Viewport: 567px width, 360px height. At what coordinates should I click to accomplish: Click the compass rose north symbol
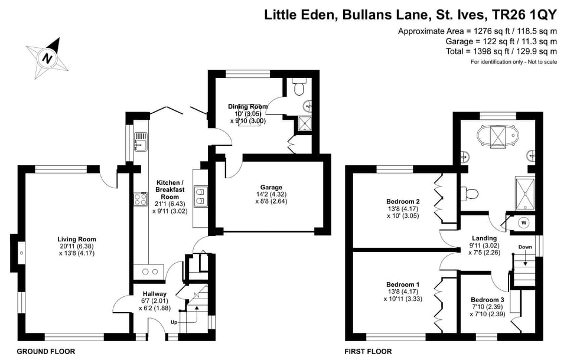coord(46,58)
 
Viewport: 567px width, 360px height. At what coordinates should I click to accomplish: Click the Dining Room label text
coord(248,107)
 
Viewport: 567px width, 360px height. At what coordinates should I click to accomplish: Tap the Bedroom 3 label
coord(487,299)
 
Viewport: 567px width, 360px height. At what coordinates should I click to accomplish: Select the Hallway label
coord(154,293)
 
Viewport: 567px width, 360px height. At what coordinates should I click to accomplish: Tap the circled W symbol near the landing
coord(523,222)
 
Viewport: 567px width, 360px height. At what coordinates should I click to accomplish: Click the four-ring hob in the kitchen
coord(141,199)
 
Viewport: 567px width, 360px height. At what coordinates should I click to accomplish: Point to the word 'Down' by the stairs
coord(525,247)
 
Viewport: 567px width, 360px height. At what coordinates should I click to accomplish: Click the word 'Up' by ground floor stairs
coord(174,322)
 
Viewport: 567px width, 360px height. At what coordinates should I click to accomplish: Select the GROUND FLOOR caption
coord(46,351)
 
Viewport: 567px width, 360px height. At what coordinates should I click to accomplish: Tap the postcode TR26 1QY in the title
coord(523,15)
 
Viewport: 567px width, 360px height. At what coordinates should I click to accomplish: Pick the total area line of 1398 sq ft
coord(501,51)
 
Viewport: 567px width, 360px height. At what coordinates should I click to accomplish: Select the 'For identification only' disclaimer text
coord(513,62)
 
